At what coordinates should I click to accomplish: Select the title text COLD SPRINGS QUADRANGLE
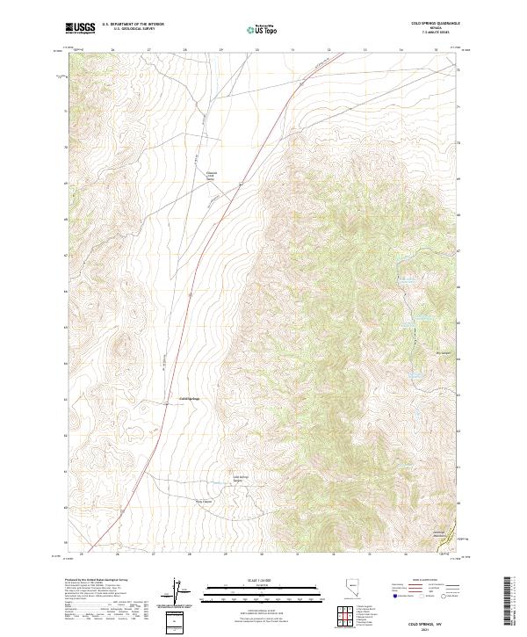click(437, 25)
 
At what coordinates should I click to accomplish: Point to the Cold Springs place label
click(190, 398)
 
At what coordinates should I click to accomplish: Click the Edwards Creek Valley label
click(211, 176)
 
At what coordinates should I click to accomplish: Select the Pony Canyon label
click(203, 502)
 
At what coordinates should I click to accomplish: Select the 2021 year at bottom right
click(439, 628)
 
